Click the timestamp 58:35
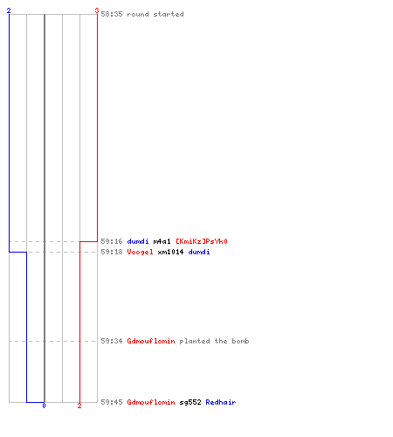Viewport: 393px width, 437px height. [112, 14]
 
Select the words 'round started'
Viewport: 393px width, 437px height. [155, 14]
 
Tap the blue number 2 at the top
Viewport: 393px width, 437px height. [9, 10]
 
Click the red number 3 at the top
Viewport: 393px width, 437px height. [97, 10]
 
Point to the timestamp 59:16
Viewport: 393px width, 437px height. [112, 241]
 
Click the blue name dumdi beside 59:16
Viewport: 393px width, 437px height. [138, 241]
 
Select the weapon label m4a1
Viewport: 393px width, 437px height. [162, 241]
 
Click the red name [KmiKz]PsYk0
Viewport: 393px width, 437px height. [202, 241]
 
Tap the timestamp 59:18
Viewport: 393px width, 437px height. [112, 252]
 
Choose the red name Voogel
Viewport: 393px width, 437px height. [140, 252]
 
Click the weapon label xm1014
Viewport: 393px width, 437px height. [170, 252]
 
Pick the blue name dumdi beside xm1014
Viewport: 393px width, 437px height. [199, 252]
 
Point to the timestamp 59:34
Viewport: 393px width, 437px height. [112, 341]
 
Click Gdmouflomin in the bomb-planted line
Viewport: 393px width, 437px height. [151, 341]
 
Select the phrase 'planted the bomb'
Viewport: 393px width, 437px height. [214, 341]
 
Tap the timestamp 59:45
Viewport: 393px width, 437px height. [112, 402]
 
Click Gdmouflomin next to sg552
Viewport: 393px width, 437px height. [151, 402]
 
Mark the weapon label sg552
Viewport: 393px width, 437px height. [190, 402]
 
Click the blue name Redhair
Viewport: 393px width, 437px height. [221, 402]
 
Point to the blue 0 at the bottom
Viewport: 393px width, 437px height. [44, 406]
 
